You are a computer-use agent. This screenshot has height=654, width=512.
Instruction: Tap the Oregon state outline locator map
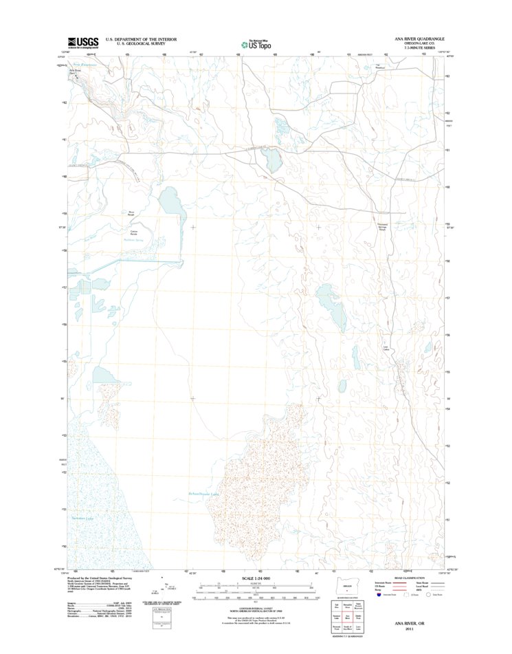click(x=347, y=587)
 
